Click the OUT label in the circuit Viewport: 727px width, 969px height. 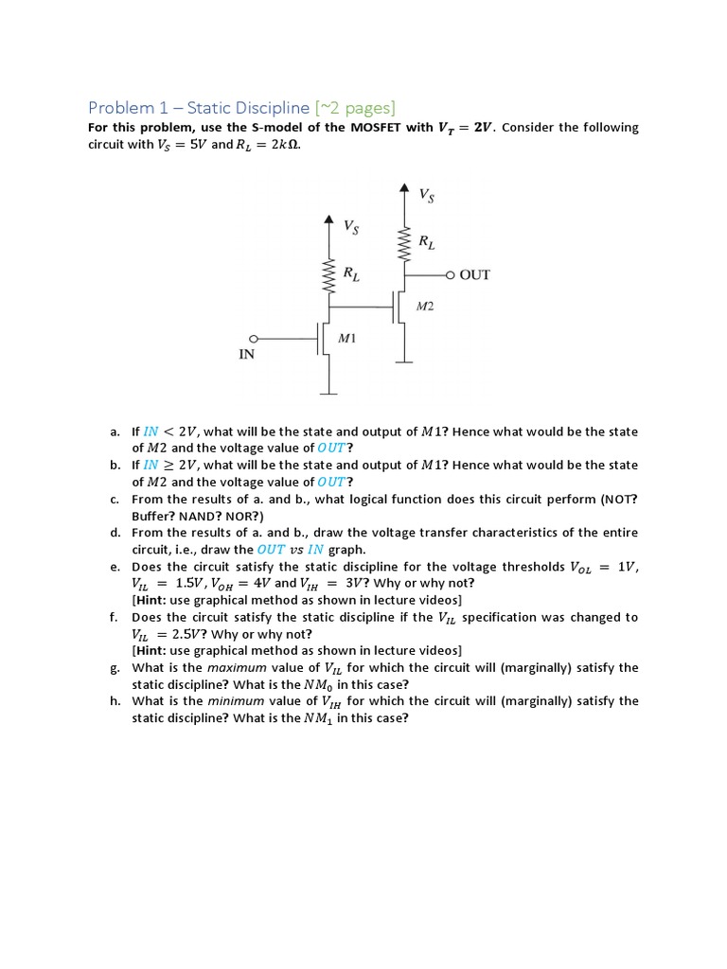click(474, 275)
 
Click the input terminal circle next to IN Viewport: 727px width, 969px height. click(253, 338)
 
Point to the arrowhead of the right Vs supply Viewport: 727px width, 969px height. click(404, 188)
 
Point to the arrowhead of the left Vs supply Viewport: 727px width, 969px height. click(328, 220)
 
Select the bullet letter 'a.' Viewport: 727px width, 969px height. click(114, 432)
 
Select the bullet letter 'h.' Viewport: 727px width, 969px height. click(114, 701)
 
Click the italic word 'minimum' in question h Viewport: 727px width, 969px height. click(233, 701)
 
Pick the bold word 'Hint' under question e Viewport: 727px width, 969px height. click(153, 600)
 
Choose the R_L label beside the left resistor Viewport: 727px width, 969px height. click(350, 274)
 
